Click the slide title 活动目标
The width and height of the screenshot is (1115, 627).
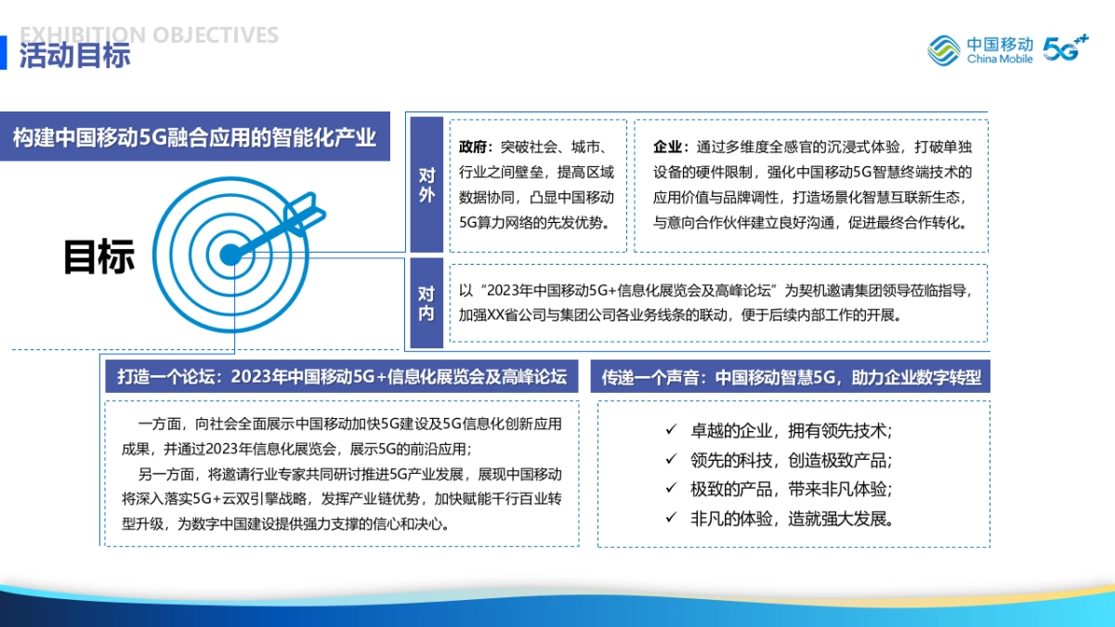pos(75,56)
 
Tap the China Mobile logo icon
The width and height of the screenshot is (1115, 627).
pos(943,49)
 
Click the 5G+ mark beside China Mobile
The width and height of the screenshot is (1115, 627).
pos(1065,48)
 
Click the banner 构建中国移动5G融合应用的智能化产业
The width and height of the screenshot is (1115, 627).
pos(195,138)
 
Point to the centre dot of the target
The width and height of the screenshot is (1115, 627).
pos(229,252)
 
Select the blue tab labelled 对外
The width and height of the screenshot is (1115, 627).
pos(426,185)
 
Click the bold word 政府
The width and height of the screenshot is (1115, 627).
pos(474,148)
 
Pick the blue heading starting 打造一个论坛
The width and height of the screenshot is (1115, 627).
pos(341,377)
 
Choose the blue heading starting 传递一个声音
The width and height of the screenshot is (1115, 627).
pos(791,377)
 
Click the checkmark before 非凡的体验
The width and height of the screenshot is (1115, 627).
pos(671,518)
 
